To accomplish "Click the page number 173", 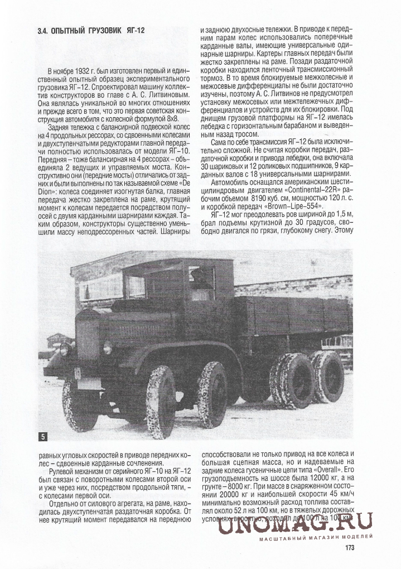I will [350, 547].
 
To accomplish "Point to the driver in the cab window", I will [201, 279].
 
